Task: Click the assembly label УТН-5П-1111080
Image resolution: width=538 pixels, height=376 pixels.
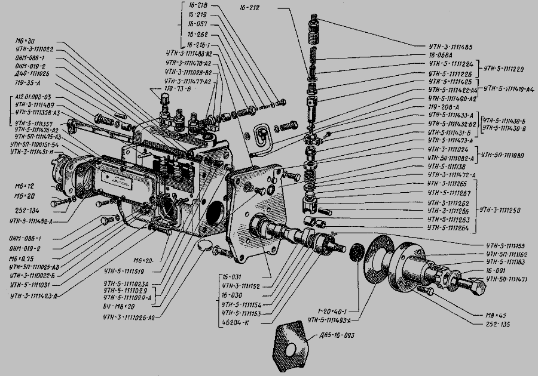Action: click(505, 155)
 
